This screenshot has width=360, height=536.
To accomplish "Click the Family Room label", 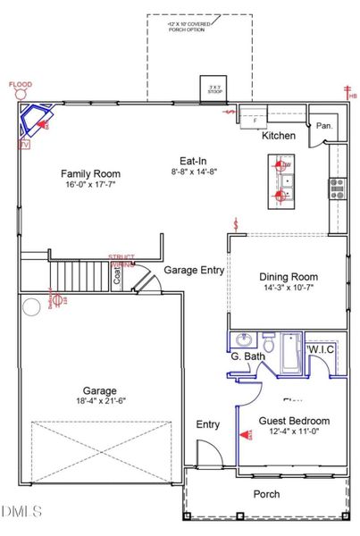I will pyautogui.click(x=90, y=173).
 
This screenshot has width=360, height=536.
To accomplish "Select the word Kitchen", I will pyautogui.click(x=278, y=137).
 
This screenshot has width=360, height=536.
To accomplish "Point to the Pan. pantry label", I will pyautogui.click(x=324, y=127).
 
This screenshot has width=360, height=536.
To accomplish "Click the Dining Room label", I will pyautogui.click(x=288, y=277).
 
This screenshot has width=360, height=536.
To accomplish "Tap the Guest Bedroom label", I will pyautogui.click(x=294, y=421).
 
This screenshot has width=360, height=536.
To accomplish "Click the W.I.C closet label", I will pyautogui.click(x=320, y=348).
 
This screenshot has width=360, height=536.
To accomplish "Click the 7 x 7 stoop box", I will pyautogui.click(x=212, y=88).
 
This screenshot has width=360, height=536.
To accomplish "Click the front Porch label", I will pyautogui.click(x=266, y=494).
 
